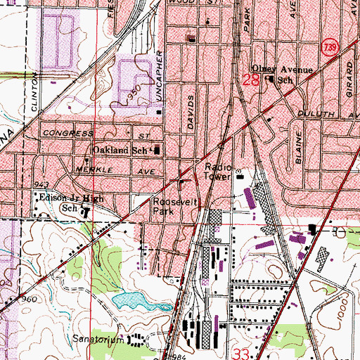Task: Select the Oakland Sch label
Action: [122, 150]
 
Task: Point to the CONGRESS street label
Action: [68, 133]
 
